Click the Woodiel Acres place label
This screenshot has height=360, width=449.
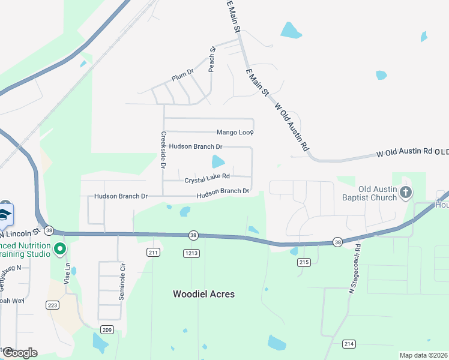click(x=203, y=294)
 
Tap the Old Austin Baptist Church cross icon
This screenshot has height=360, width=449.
click(x=406, y=192)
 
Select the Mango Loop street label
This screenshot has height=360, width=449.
click(x=235, y=132)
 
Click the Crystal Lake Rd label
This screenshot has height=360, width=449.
click(x=207, y=178)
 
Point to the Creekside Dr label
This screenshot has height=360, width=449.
click(x=163, y=151)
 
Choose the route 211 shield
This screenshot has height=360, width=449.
click(x=153, y=253)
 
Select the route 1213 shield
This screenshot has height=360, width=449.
click(x=191, y=254)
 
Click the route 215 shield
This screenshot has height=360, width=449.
click(x=303, y=262)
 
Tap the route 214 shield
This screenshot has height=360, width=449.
click(x=349, y=343)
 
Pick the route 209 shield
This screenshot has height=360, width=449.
click(x=107, y=329)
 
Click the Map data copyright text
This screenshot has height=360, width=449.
click(x=423, y=355)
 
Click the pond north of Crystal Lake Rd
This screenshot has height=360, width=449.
click(x=217, y=161)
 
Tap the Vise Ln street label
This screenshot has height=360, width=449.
click(x=67, y=272)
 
